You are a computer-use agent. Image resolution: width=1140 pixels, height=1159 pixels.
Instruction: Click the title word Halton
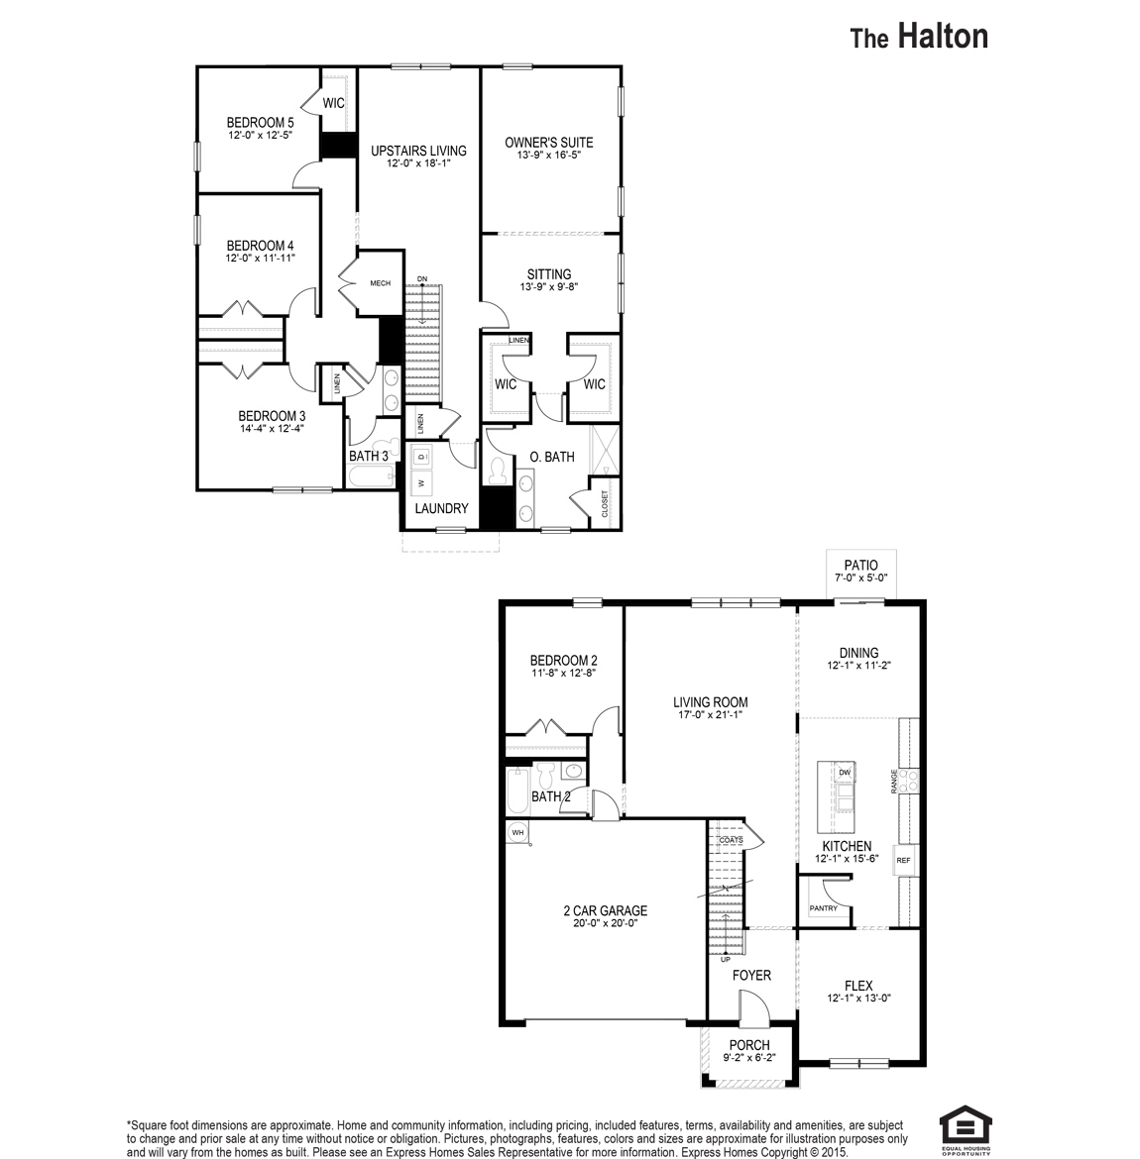pos(943,37)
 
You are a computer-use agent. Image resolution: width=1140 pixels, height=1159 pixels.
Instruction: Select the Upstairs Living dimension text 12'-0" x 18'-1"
pos(418,163)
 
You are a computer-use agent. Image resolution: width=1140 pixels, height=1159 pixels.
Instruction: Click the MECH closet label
pos(380,283)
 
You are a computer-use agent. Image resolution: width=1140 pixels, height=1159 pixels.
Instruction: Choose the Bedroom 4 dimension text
pos(260,258)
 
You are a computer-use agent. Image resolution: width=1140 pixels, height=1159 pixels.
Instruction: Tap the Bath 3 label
pos(369,456)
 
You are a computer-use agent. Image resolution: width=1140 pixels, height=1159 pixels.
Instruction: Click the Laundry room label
pos(441,508)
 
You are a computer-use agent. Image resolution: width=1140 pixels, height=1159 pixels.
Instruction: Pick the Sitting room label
pos(548,274)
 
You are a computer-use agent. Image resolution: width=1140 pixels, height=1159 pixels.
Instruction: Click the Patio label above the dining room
pos(860,565)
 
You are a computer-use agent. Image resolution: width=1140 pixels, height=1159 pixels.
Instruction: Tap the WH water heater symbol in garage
pos(516,833)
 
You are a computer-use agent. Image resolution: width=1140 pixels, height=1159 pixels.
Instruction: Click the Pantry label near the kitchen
pos(823,908)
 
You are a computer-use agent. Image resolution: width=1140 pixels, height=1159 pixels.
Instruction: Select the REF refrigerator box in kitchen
pos(903,861)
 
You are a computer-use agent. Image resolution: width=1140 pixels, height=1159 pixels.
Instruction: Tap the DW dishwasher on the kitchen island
pos(845,772)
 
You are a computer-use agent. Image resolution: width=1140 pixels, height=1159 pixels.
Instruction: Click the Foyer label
pos(751,976)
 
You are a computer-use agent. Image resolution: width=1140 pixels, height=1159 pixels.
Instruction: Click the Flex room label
pos(858,986)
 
